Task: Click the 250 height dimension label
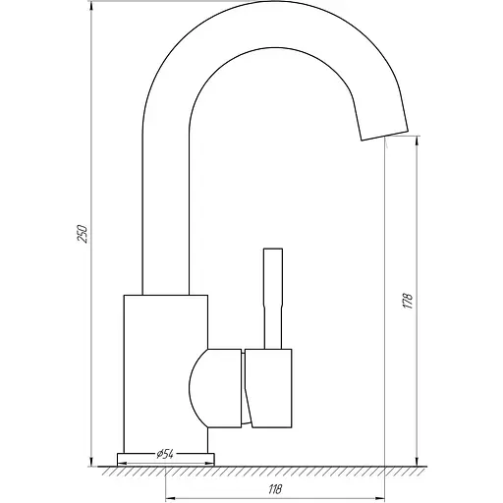[83, 234]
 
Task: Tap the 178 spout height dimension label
[408, 301]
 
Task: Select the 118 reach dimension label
[275, 489]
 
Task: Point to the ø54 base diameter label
[165, 455]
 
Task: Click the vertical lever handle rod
[273, 299]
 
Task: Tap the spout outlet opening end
[385, 135]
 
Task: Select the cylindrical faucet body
[166, 374]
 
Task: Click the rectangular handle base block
[268, 388]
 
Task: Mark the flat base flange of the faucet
[166, 460]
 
